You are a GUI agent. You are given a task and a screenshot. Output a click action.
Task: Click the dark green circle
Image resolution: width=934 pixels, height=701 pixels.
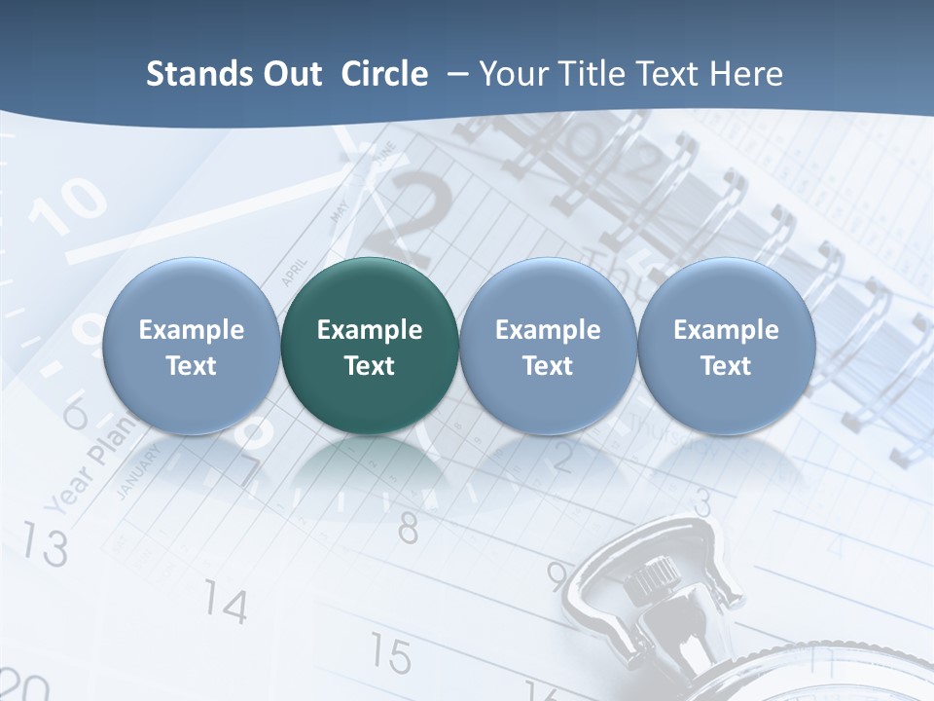pos(370,347)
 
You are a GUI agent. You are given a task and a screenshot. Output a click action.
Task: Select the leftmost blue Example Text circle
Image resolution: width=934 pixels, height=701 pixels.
pos(192,347)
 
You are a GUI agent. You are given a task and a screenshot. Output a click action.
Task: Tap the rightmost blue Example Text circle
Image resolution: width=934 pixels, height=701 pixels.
pos(726,347)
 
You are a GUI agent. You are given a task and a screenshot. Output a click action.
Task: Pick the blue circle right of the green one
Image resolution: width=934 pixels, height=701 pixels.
pos(548,347)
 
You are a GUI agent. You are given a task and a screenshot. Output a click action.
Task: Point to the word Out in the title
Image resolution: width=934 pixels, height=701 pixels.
pos(288,75)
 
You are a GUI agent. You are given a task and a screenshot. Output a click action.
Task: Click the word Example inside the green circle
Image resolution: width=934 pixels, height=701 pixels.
pos(370,330)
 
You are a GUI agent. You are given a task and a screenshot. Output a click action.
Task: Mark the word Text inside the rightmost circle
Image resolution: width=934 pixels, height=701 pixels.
pos(726,366)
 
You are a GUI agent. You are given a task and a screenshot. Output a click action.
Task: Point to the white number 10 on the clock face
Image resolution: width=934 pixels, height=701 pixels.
pos(68,204)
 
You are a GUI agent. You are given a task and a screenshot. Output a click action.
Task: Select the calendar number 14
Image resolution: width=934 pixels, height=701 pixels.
pos(226,605)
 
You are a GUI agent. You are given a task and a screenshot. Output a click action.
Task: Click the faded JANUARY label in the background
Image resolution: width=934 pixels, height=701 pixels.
pos(137,473)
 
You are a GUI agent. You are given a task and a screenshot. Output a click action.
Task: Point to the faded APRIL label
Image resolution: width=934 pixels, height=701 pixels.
pos(294,271)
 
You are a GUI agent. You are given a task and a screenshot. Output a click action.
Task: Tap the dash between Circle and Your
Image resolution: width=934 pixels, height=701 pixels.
pos(454,75)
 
